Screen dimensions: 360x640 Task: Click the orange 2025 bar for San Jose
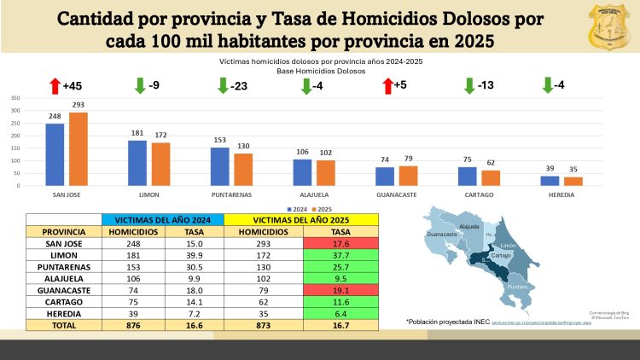pyautogui.click(x=79, y=149)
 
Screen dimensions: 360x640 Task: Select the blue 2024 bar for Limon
pyautogui.click(x=137, y=163)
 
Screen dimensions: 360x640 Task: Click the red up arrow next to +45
pyautogui.click(x=55, y=85)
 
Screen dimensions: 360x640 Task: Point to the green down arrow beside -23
pyautogui.click(x=223, y=85)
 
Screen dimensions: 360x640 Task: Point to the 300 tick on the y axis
pyautogui.click(x=15, y=110)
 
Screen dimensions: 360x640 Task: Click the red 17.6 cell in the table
pyautogui.click(x=340, y=243)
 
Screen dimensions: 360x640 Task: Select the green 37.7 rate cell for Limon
pyautogui.click(x=340, y=256)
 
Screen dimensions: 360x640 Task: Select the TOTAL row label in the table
pyautogui.click(x=63, y=325)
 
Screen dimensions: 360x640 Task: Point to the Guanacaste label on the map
pyautogui.click(x=443, y=233)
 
